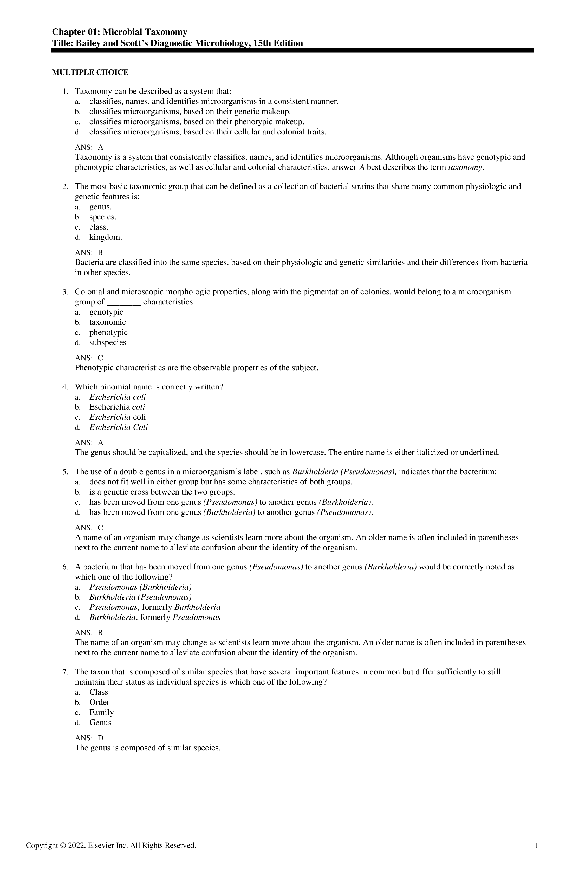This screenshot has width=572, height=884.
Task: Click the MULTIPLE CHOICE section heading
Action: pos(90,73)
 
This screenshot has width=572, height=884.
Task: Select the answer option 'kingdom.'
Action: pos(106,237)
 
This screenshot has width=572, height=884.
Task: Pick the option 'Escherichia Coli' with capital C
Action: pos(119,427)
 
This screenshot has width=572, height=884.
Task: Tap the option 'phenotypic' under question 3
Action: pos(108,333)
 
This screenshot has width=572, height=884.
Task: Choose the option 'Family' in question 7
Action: pos(101,712)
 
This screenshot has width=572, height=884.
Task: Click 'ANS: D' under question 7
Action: pos(89,738)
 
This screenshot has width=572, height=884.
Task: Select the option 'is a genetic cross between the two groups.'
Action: pos(162,492)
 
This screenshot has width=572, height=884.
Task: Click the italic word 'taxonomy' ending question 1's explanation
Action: pos(465,167)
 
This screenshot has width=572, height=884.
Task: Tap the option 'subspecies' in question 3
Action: pos(108,342)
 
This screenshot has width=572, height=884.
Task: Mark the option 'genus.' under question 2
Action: pos(100,207)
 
